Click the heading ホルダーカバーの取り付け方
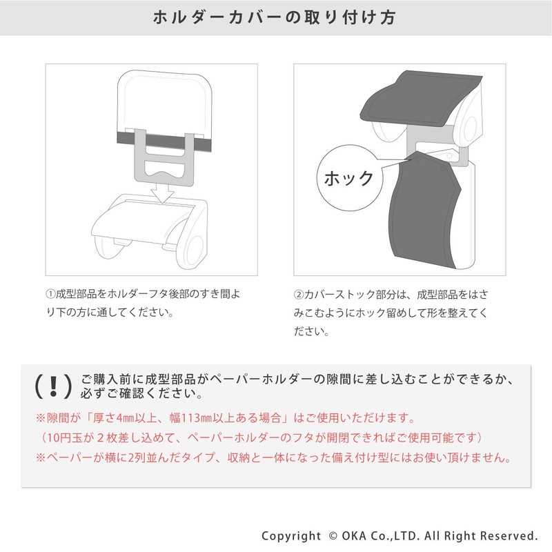(x=275, y=18)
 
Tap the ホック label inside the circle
(x=348, y=178)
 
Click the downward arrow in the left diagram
(x=162, y=195)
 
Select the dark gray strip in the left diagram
(x=164, y=142)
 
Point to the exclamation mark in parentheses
(x=54, y=386)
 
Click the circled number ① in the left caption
(x=50, y=294)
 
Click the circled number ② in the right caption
(x=299, y=295)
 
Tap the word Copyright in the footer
(x=291, y=536)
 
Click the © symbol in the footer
(x=333, y=536)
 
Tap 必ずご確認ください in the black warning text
(x=141, y=393)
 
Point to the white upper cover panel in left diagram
(x=164, y=102)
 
